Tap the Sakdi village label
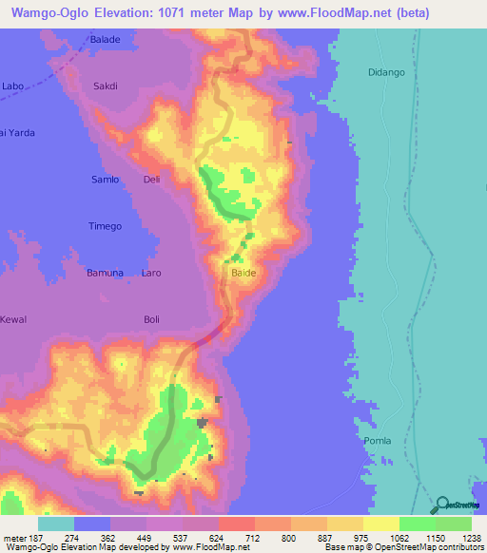click(105, 86)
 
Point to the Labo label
click(12, 86)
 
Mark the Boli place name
click(151, 319)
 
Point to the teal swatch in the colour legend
click(55, 524)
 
